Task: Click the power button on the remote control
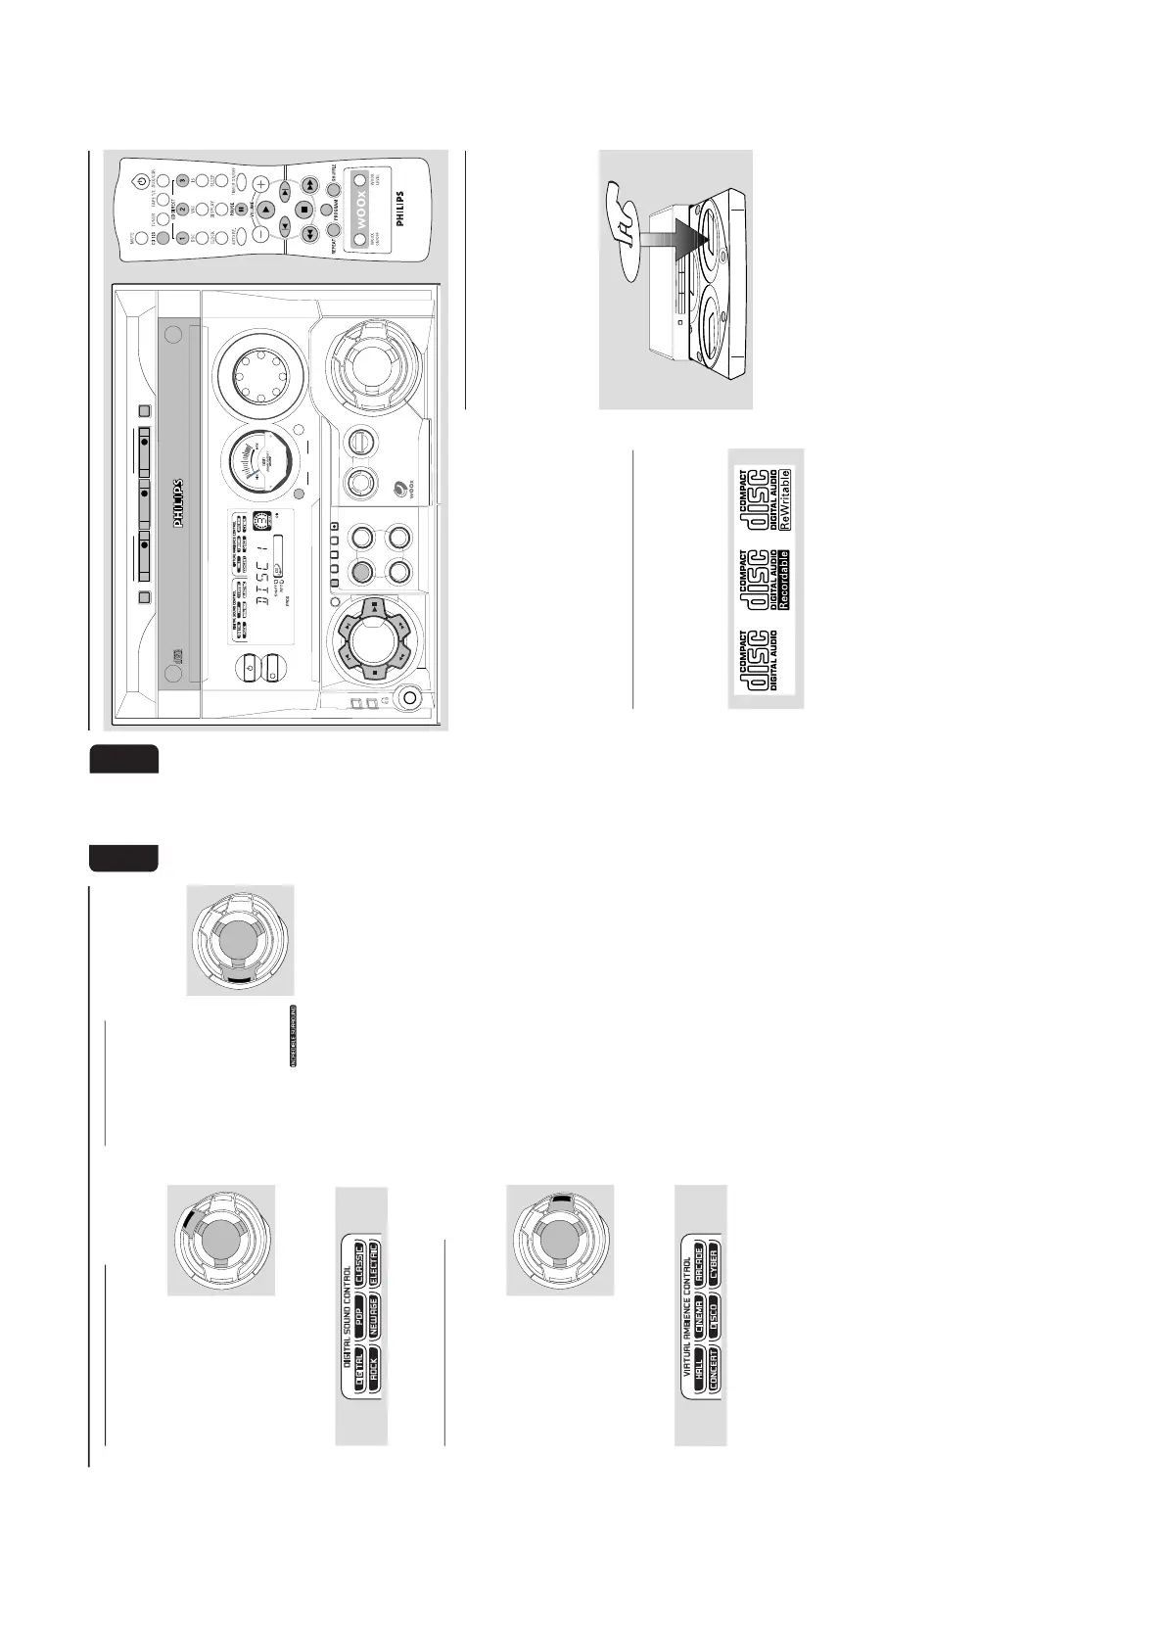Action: tap(143, 180)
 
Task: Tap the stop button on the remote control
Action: tap(303, 209)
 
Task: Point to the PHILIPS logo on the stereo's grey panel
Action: tap(179, 503)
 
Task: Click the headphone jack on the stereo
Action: tap(409, 697)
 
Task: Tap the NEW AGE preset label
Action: tap(374, 1319)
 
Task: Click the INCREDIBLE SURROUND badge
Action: tap(294, 1035)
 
